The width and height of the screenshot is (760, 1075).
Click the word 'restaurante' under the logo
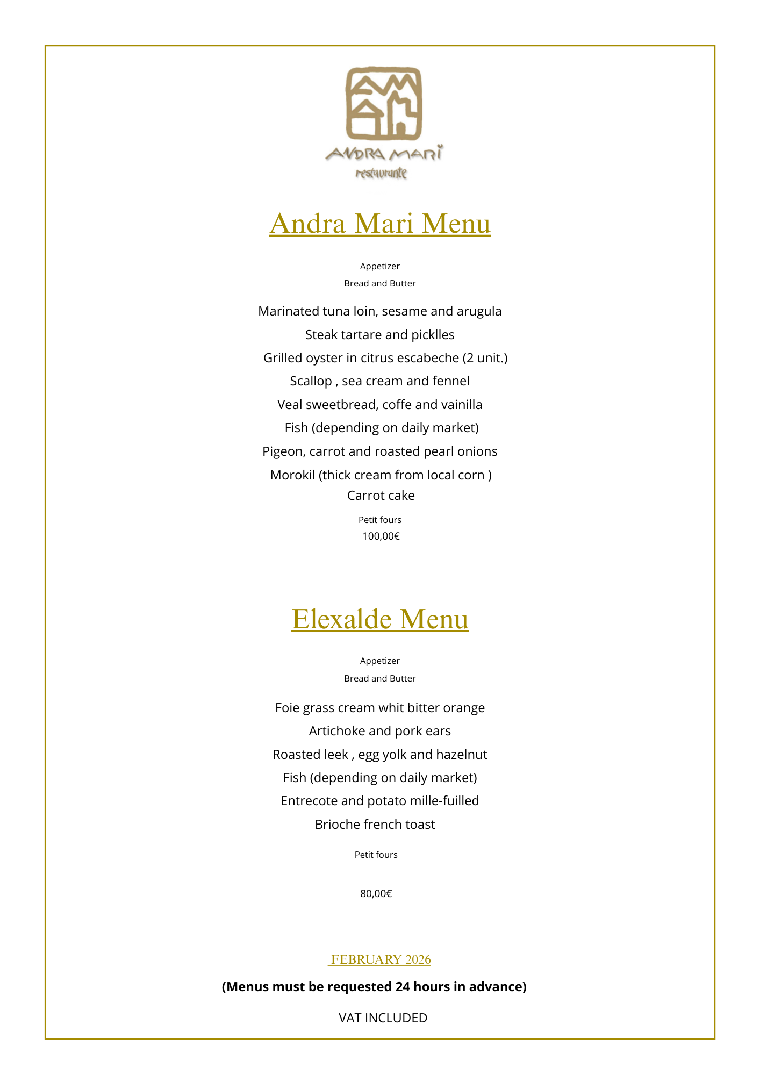click(x=381, y=173)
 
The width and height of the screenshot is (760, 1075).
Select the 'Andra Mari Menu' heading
click(x=380, y=224)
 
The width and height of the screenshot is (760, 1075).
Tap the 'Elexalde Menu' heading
click(x=380, y=619)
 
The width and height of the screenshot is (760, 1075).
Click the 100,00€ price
click(x=381, y=536)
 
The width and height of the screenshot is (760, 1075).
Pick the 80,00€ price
click(x=376, y=893)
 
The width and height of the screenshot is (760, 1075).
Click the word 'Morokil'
click(x=292, y=475)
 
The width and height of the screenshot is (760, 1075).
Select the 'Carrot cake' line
click(x=381, y=496)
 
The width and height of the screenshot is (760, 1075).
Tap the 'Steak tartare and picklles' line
click(x=379, y=335)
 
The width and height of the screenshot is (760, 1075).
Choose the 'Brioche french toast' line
click(x=375, y=825)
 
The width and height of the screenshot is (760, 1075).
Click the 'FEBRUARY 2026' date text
click(x=381, y=959)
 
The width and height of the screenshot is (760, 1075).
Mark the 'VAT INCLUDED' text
click(x=383, y=1017)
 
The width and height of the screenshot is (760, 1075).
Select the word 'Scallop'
click(x=311, y=381)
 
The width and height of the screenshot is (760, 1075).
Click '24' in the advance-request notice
click(x=403, y=987)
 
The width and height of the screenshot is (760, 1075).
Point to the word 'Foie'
click(x=286, y=708)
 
